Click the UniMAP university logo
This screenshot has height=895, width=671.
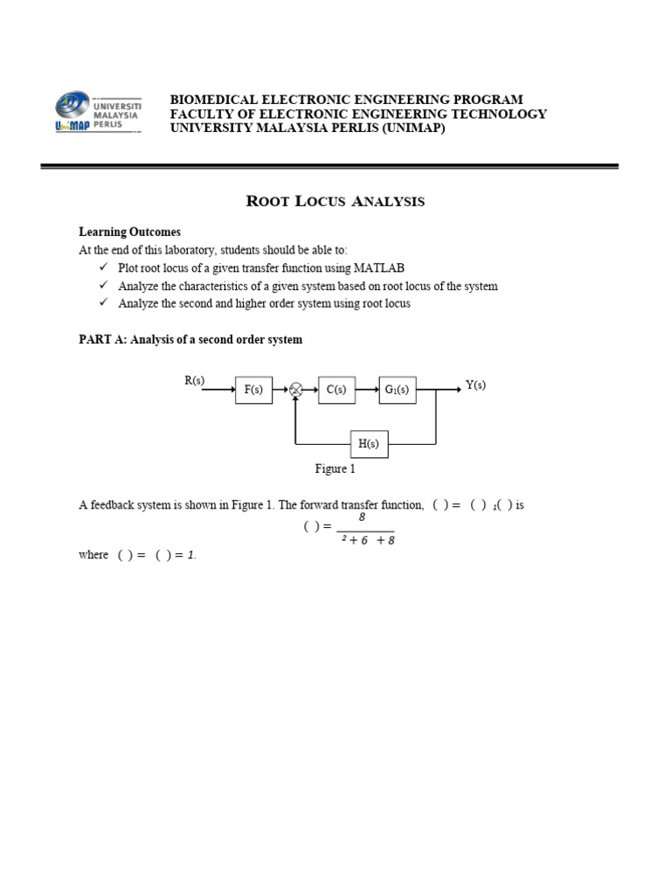[x=98, y=113]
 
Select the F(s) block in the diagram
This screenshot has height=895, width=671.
[x=253, y=390]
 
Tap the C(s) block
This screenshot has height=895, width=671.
[x=335, y=390]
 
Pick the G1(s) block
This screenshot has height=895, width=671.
[x=398, y=390]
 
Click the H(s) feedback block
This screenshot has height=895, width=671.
[x=369, y=444]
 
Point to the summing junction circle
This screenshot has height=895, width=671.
[x=296, y=390]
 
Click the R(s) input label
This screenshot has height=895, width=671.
[x=194, y=381]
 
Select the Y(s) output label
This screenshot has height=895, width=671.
[x=475, y=385]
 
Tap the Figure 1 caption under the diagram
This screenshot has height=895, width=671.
[x=335, y=469]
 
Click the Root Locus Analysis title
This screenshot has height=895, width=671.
[x=335, y=202]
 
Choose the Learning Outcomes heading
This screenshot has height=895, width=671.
[x=129, y=232]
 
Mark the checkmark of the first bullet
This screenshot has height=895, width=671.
[x=102, y=267]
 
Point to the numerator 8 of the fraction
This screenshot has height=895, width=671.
[x=362, y=517]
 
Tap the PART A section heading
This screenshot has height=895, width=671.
[x=190, y=339]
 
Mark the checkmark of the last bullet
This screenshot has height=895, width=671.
[x=102, y=303]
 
